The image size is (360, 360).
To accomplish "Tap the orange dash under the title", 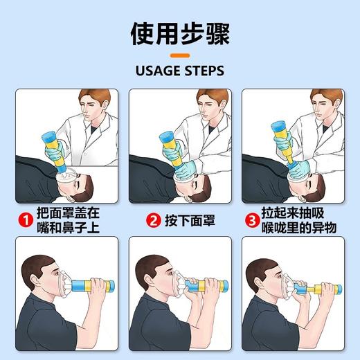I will click(x=180, y=55).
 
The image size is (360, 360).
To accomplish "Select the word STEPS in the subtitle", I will click(x=206, y=71).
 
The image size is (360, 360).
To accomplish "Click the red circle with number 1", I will click(x=26, y=221).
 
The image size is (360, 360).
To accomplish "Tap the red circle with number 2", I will click(x=154, y=221).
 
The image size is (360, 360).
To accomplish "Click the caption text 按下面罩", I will click(x=190, y=221).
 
